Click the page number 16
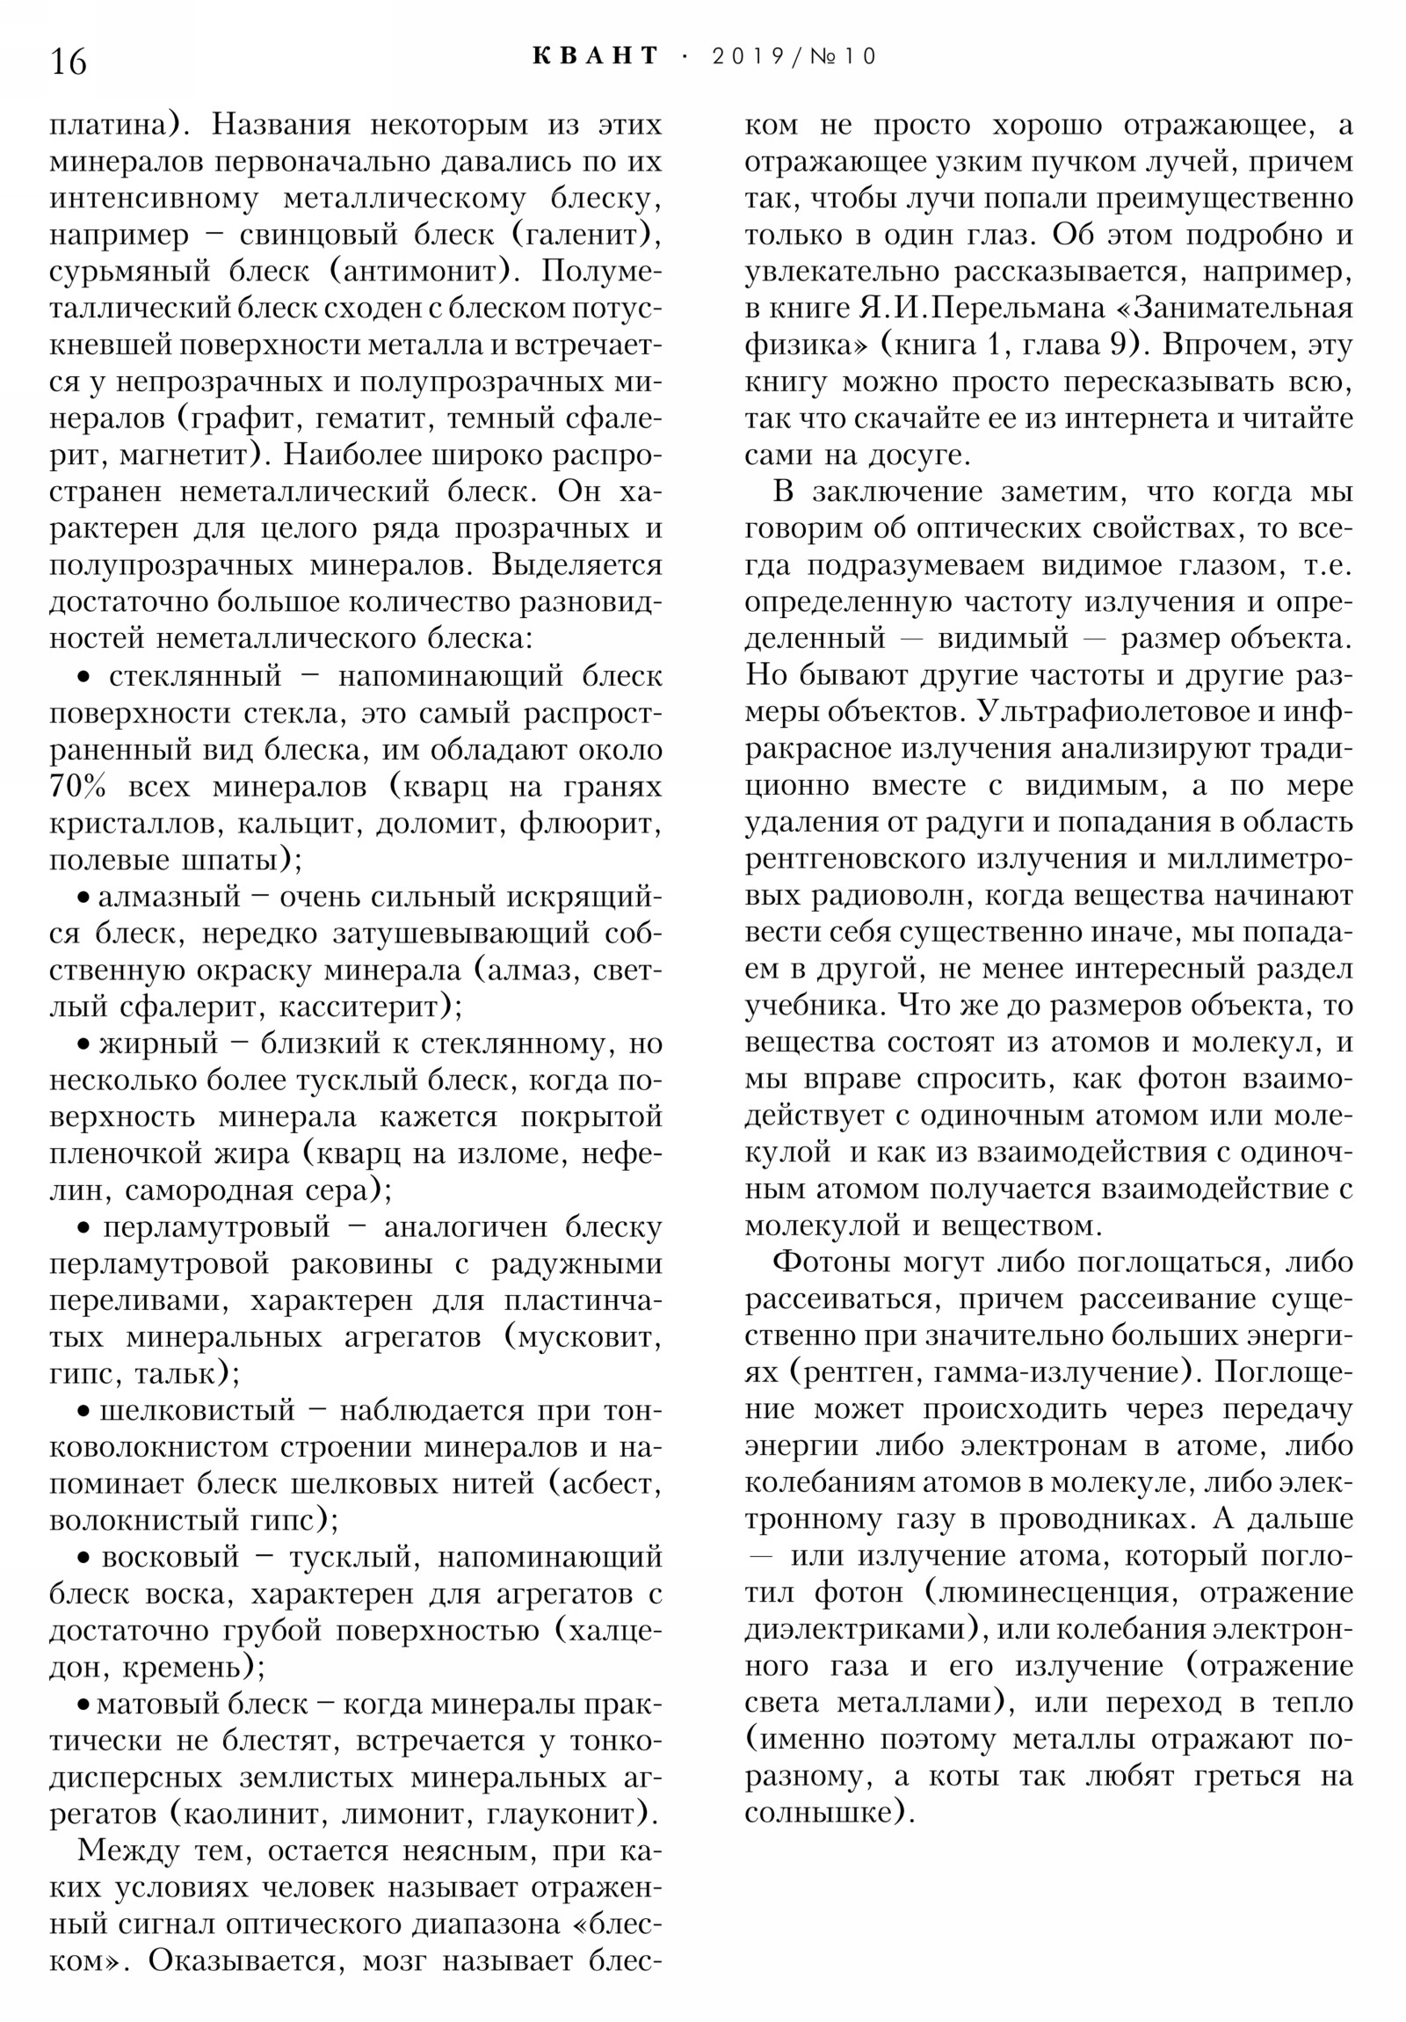(x=69, y=62)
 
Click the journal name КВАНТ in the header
(x=595, y=56)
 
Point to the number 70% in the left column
(x=78, y=787)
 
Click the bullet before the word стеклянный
(x=84, y=677)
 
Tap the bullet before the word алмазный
(x=84, y=898)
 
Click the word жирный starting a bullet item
(x=157, y=1044)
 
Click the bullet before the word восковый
(x=84, y=1559)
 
